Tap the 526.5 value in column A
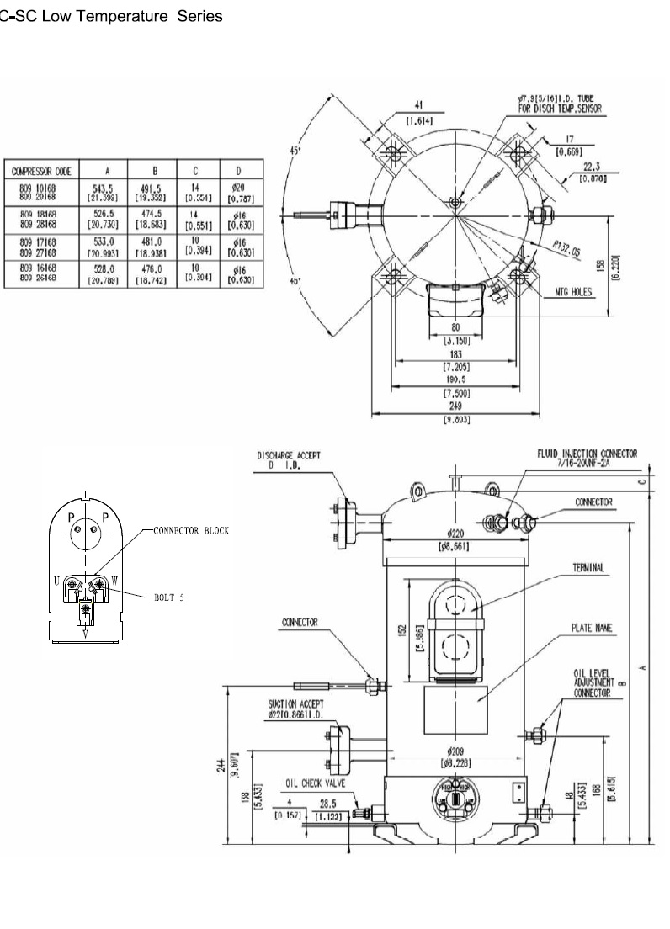pos(107,214)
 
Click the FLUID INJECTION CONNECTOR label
pos(587,453)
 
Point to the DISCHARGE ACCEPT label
pos(288,454)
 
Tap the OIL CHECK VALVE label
pos(315,783)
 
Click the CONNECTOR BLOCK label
pos(190,531)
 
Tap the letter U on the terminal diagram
pos(56,580)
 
